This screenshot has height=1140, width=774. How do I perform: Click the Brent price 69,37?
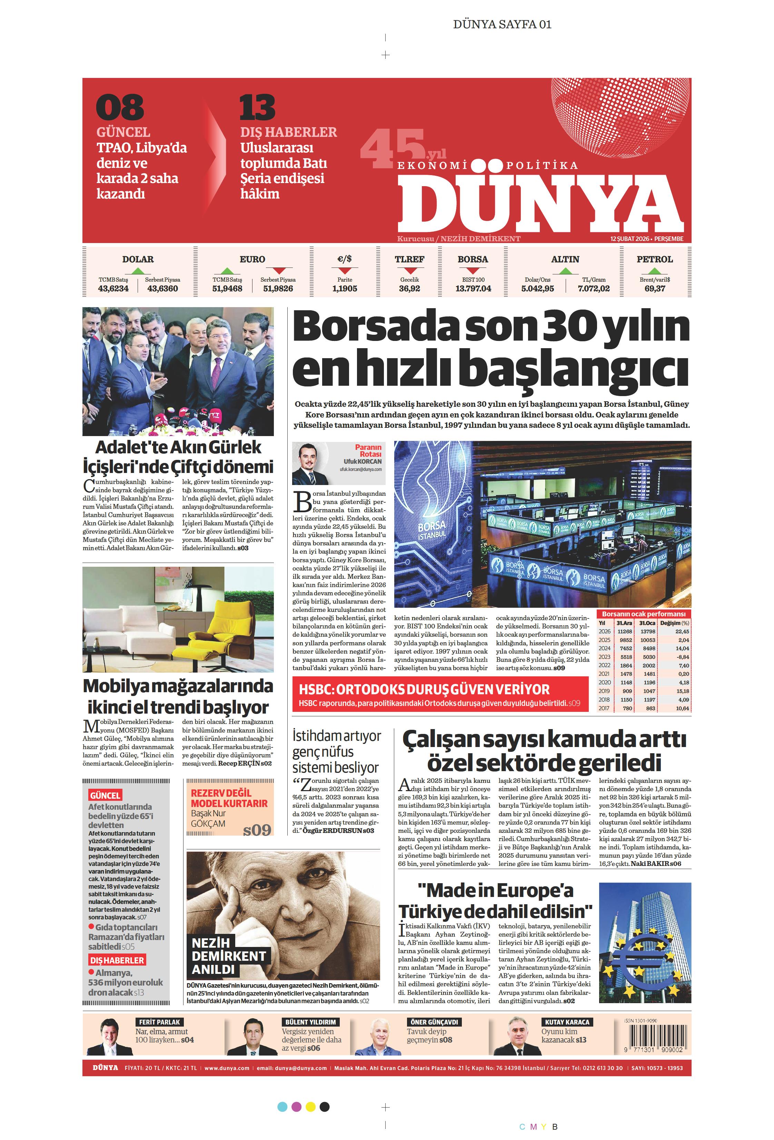654,289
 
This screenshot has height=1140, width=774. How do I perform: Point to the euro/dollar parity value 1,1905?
345,289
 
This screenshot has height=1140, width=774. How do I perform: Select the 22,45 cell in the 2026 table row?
682,631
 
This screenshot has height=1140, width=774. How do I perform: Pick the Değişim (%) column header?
674,623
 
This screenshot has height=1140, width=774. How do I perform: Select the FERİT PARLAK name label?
159,1022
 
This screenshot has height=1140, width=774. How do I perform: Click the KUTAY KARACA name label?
567,1022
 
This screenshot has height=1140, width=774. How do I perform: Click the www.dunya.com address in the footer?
227,1068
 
